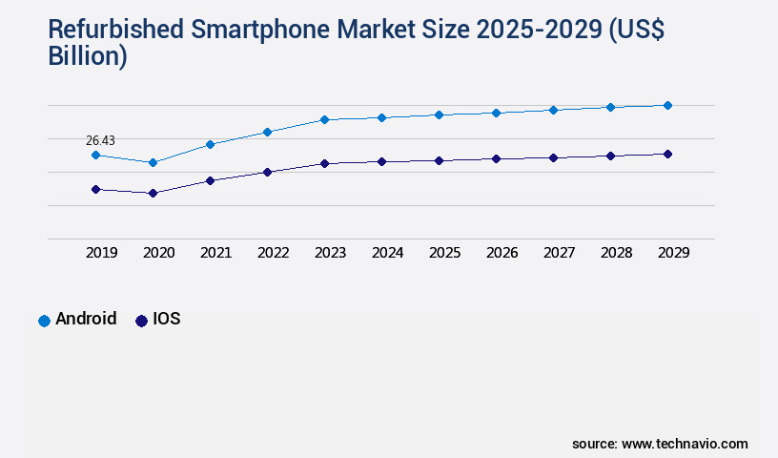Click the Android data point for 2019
click(x=95, y=155)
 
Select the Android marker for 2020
click(x=153, y=162)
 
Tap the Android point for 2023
click(x=324, y=119)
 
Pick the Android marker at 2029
click(x=667, y=105)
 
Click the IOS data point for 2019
click(x=95, y=189)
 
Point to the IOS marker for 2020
click(x=153, y=193)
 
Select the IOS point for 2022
click(x=267, y=172)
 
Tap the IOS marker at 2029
click(x=667, y=154)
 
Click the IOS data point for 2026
click(x=496, y=158)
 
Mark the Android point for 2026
click(x=496, y=113)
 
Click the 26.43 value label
click(x=100, y=140)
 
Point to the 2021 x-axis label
click(x=215, y=253)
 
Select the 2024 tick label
click(x=387, y=253)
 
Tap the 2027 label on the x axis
click(x=559, y=253)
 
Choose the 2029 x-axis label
click(x=673, y=253)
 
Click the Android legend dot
click(x=44, y=321)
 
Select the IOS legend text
click(x=166, y=320)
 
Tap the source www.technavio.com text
click(x=660, y=444)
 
